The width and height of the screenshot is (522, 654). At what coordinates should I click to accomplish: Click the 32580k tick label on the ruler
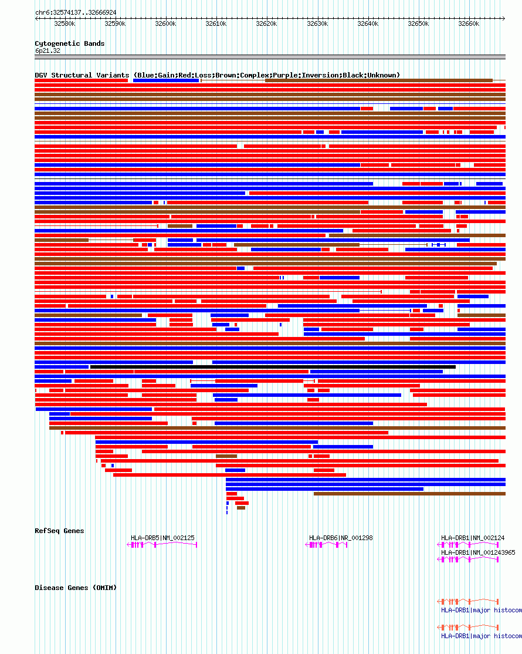tap(65, 23)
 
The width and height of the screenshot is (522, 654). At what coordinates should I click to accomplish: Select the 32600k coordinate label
tap(165, 23)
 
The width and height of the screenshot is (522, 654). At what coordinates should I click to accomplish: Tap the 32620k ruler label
tap(267, 23)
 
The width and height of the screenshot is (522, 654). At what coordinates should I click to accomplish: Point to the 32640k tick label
tap(368, 23)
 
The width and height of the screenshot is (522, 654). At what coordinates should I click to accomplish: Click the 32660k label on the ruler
tap(469, 23)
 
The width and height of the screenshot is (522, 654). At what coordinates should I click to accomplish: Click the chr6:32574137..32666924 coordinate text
tap(76, 12)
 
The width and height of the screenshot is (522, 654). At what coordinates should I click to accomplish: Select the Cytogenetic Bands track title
tap(69, 43)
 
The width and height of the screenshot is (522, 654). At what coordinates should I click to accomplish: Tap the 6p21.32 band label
tap(48, 50)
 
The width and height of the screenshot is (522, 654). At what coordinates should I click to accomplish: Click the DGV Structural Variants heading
tap(217, 75)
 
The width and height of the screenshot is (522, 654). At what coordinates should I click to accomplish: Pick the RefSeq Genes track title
tap(59, 531)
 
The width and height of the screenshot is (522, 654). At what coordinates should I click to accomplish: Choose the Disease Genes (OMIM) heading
tap(76, 588)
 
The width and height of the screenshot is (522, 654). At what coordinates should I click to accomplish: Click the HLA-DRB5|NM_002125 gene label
tap(162, 538)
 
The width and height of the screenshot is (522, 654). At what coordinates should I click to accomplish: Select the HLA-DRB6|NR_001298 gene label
tap(341, 538)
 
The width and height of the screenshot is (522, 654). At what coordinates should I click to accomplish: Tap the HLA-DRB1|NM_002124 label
tap(473, 538)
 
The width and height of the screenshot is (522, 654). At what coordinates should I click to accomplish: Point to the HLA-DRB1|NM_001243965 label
tap(478, 552)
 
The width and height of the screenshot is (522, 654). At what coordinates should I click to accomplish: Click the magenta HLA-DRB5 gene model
tap(162, 545)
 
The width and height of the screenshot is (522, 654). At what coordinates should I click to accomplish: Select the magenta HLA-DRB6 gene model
tap(327, 545)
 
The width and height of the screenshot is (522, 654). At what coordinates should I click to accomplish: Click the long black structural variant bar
tap(273, 367)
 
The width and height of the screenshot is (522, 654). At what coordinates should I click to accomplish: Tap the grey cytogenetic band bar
tap(270, 57)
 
